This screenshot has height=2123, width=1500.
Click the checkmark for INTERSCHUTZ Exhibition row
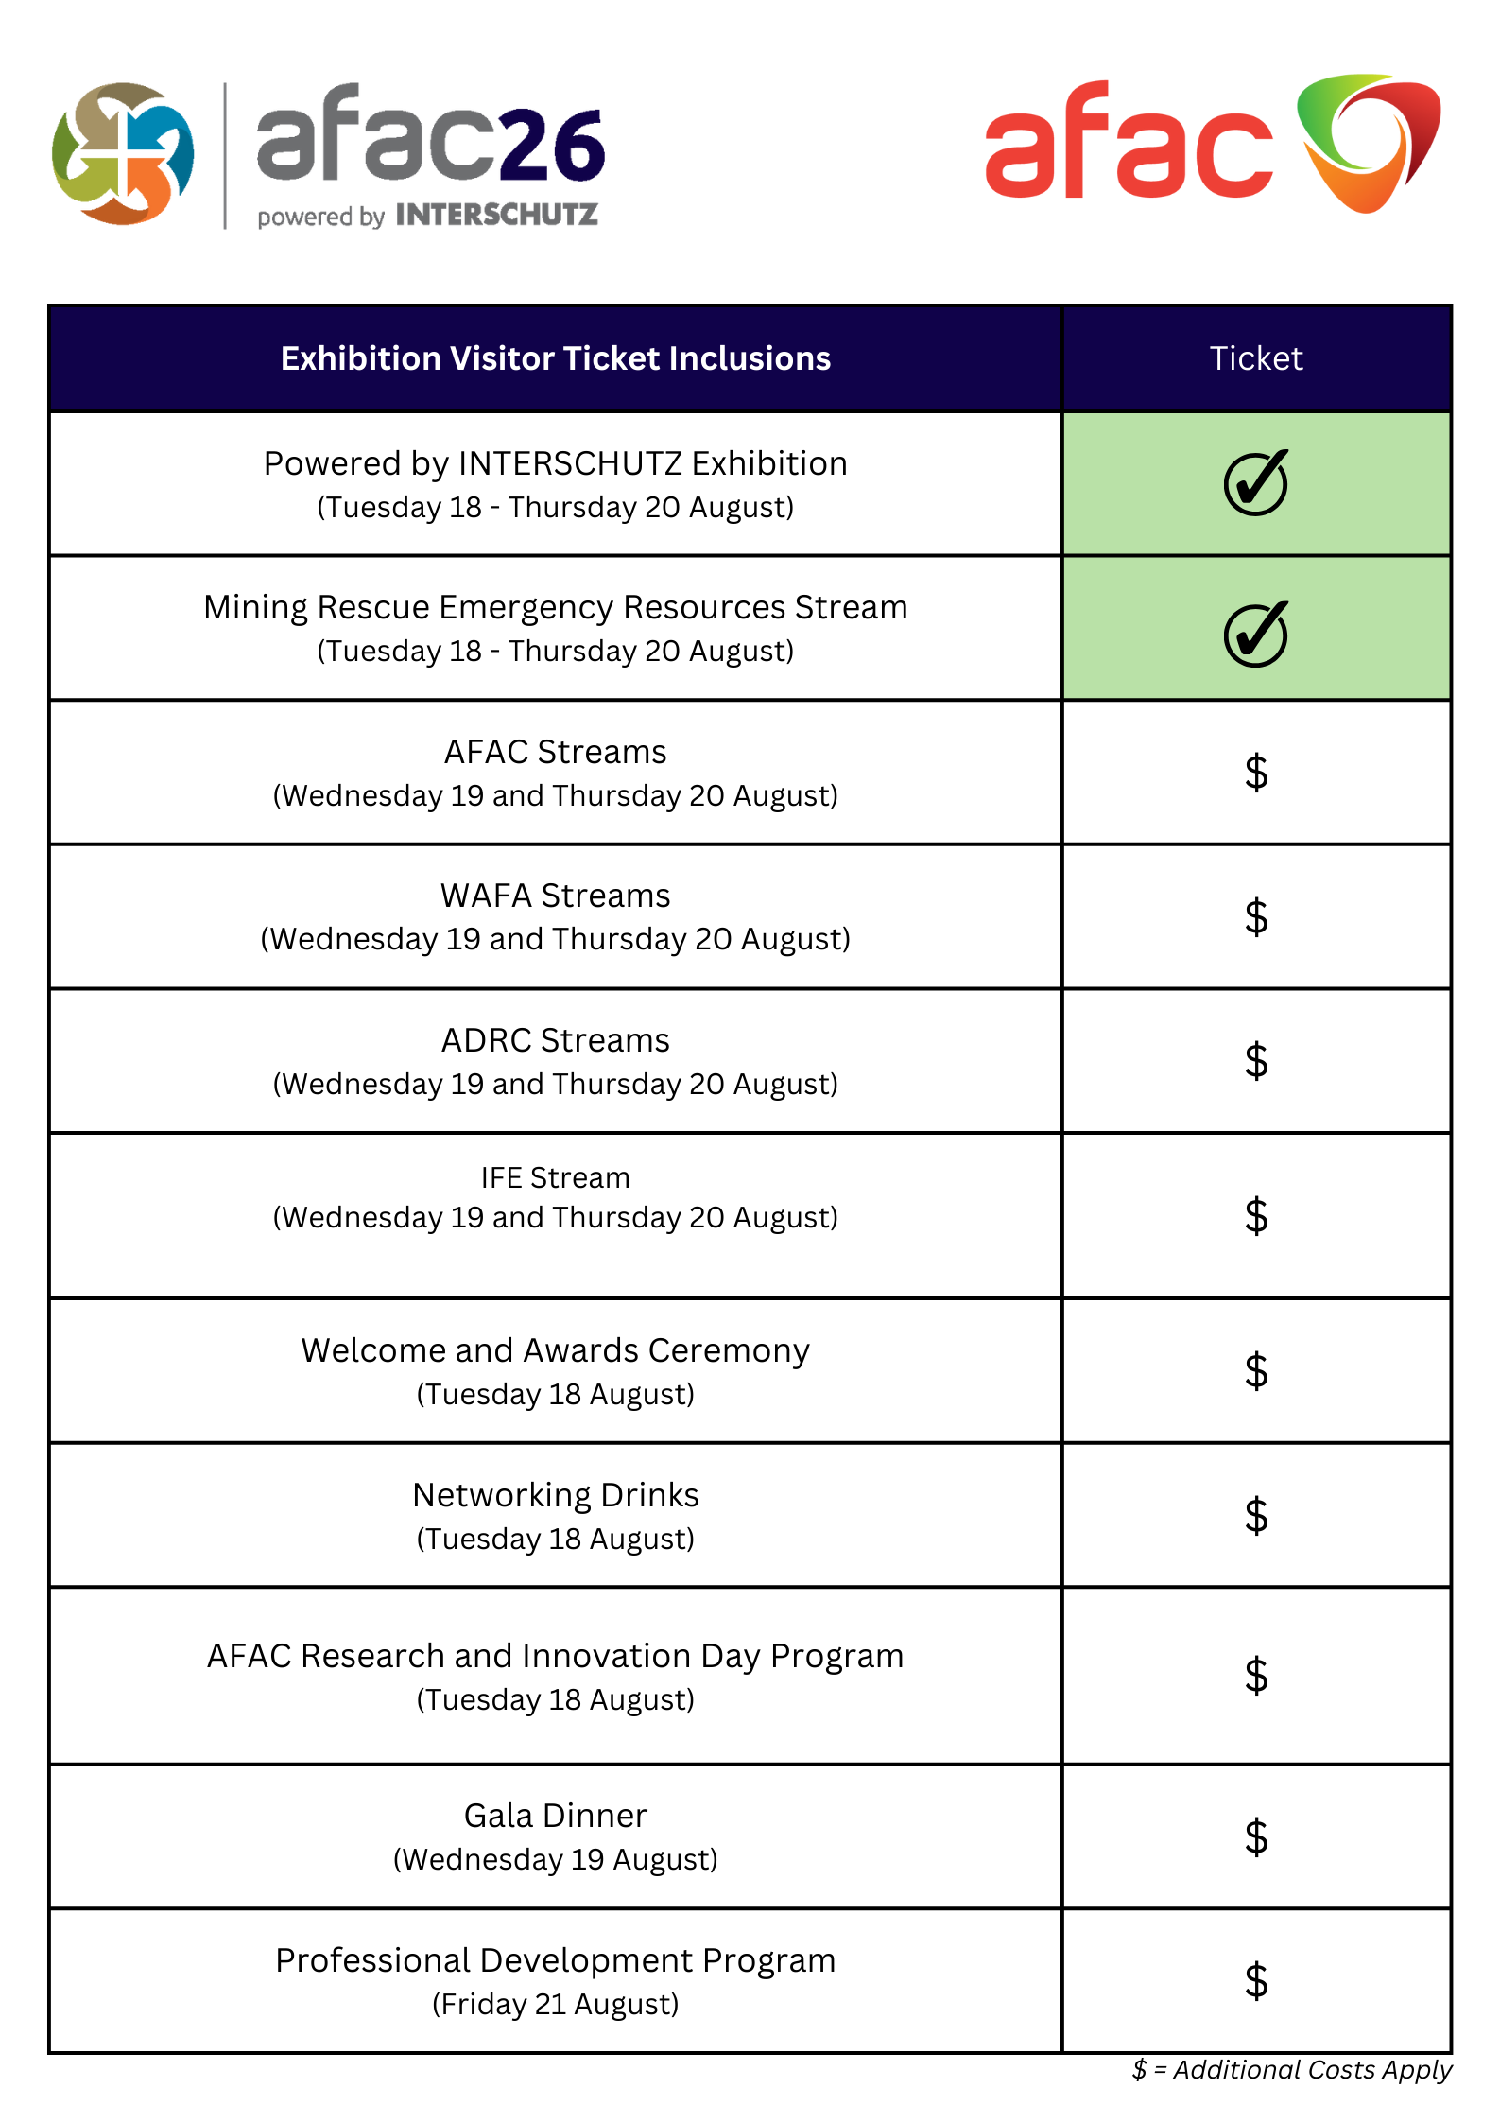[x=1255, y=482]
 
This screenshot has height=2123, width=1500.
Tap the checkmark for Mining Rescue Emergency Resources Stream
[x=1255, y=634]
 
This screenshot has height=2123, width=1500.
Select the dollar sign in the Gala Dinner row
[x=1255, y=1836]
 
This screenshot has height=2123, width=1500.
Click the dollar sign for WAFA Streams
[x=1255, y=916]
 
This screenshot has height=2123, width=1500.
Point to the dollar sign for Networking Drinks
[x=1255, y=1515]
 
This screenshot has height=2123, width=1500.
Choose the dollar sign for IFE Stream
[x=1255, y=1215]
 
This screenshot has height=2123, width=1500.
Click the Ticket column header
[x=1255, y=358]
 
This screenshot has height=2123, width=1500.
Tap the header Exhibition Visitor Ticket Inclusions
[x=555, y=358]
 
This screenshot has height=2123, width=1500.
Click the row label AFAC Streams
[x=555, y=752]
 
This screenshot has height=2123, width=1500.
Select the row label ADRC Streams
[x=555, y=1040]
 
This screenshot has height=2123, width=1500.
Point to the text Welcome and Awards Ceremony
[x=555, y=1350]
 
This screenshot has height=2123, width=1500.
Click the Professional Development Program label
[x=555, y=1960]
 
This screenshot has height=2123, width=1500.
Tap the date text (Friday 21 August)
[x=555, y=2004]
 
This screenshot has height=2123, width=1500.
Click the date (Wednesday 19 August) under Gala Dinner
[x=555, y=1859]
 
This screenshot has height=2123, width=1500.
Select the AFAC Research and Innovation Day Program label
[x=555, y=1656]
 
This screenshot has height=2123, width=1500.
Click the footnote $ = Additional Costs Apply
[x=1291, y=2070]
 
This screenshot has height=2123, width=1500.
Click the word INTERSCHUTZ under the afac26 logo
[x=496, y=216]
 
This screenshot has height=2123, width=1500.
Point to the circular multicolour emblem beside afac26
[x=123, y=153]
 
